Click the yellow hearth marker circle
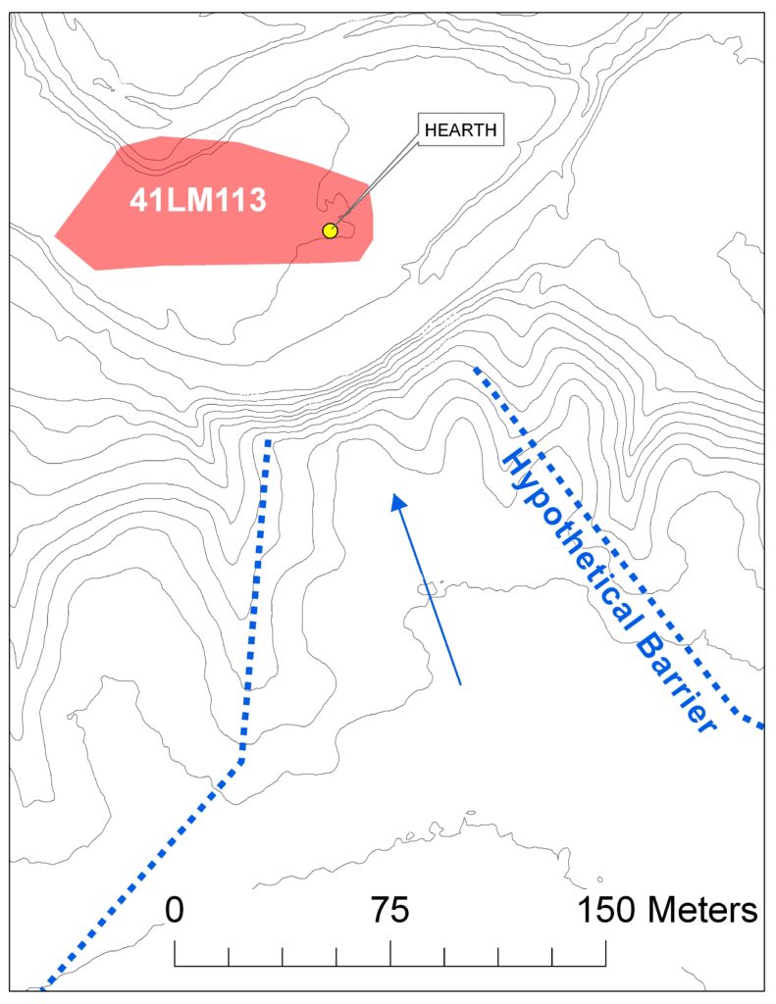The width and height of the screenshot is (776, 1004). pyautogui.click(x=330, y=230)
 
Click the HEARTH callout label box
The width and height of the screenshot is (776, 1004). pyautogui.click(x=460, y=129)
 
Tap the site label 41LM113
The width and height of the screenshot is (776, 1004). pyautogui.click(x=198, y=200)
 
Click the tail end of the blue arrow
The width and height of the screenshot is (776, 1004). pyautogui.click(x=460, y=682)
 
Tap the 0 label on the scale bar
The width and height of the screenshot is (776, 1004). pyautogui.click(x=175, y=909)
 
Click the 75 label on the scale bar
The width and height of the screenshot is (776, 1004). pyautogui.click(x=389, y=909)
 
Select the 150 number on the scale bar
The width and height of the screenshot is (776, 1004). pyautogui.click(x=607, y=909)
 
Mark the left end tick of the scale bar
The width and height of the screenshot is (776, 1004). pyautogui.click(x=175, y=953)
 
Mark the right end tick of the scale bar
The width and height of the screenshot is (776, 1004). pyautogui.click(x=605, y=953)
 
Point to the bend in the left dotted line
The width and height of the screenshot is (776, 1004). pyautogui.click(x=242, y=758)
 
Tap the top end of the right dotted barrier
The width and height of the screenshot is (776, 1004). pyautogui.click(x=476, y=370)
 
